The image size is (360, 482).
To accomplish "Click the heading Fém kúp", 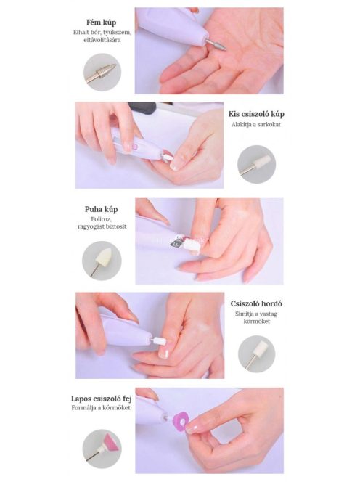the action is pyautogui.click(x=101, y=23).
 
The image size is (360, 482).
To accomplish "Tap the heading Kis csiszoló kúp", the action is pyautogui.click(x=256, y=114).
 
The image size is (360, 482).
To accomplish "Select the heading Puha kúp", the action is pyautogui.click(x=101, y=209).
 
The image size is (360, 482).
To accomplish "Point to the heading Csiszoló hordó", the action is pyautogui.click(x=256, y=303).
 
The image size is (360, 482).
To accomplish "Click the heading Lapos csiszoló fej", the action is pyautogui.click(x=101, y=399).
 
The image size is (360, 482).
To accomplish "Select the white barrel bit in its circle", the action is pyautogui.click(x=256, y=353).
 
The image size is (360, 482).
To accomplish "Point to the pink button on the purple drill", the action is pyautogui.click(x=134, y=147).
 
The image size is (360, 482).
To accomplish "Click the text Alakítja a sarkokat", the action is pyautogui.click(x=256, y=125).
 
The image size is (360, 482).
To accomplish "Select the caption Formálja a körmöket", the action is pyautogui.click(x=101, y=408).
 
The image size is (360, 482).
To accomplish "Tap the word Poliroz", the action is pyautogui.click(x=101, y=219).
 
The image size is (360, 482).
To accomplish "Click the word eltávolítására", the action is pyautogui.click(x=102, y=40).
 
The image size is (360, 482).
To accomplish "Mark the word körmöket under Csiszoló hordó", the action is pyautogui.click(x=257, y=322).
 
